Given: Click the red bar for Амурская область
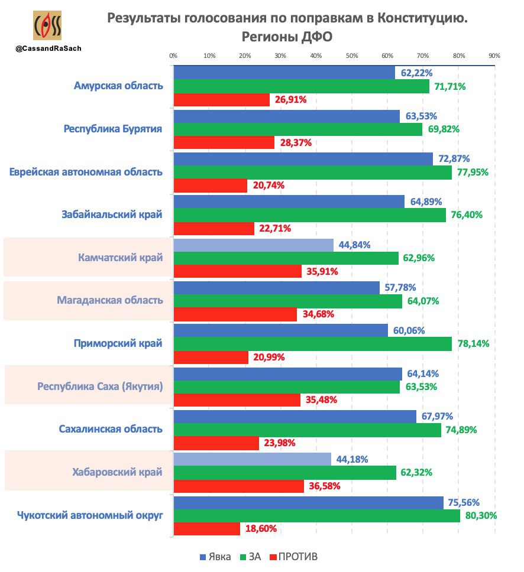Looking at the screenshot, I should click(x=221, y=100).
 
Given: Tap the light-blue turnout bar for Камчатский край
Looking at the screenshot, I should click(x=253, y=245).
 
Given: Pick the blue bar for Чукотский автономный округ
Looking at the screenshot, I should click(x=308, y=502).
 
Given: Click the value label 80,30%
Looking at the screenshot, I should click(x=481, y=515).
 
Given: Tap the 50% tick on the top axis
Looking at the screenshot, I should click(x=351, y=56).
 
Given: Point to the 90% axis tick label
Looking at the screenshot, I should click(x=494, y=56).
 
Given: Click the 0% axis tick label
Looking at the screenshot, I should click(x=173, y=56).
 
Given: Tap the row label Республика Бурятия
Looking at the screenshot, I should click(x=112, y=129).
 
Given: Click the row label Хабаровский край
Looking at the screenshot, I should click(x=117, y=472).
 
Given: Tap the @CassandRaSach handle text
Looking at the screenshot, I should click(x=48, y=49).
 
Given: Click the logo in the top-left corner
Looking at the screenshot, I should click(x=48, y=26).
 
